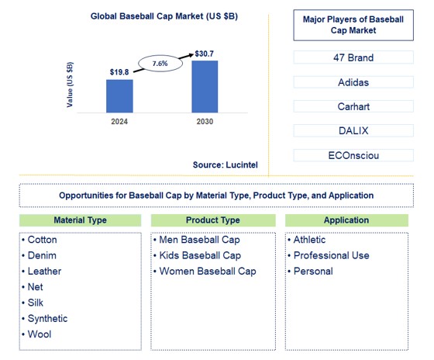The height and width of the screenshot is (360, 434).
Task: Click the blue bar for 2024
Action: point(119,96)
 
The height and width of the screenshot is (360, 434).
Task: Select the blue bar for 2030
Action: point(205,87)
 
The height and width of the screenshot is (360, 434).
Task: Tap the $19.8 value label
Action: point(119,71)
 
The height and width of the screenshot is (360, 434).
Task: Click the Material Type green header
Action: point(81,220)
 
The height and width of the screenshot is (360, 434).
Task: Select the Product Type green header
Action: point(212,220)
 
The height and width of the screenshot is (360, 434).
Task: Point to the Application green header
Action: point(346,220)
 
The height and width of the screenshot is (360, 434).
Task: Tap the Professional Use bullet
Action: point(331,255)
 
